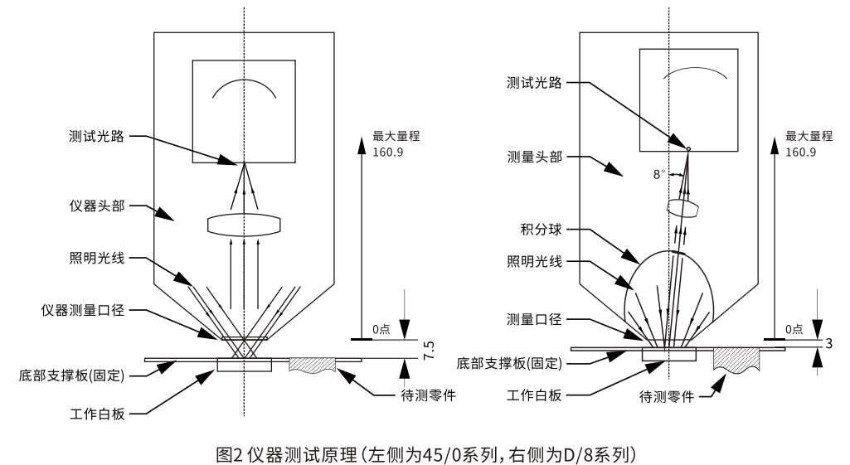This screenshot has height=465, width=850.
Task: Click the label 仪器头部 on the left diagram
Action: point(99,206)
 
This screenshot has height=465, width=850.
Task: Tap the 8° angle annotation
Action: point(659,175)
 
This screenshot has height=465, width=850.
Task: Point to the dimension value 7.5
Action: point(429,348)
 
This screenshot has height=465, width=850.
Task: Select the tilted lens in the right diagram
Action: point(682,207)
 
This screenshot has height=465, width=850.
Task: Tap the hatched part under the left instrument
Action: point(312,365)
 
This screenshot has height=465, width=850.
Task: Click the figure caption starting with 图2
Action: point(425,451)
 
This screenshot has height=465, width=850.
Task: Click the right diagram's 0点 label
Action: point(795,329)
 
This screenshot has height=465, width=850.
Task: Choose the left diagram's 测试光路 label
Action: point(99,136)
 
